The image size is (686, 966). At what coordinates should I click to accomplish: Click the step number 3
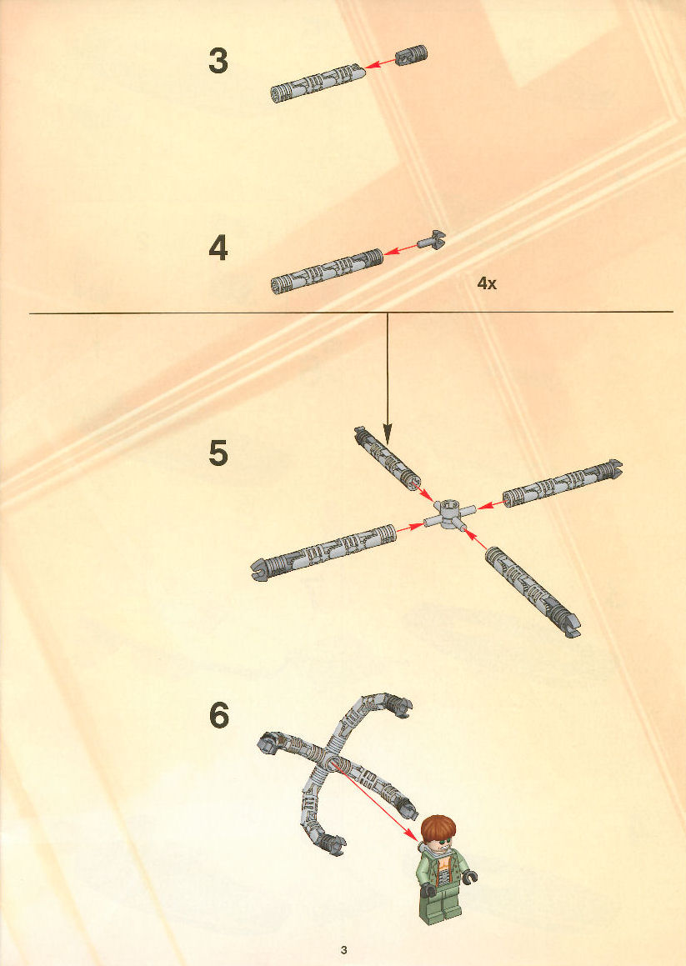(x=218, y=61)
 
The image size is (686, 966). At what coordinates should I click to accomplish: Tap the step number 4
(x=218, y=248)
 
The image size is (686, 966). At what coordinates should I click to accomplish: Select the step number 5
(x=218, y=453)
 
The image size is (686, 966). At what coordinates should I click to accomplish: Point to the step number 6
(x=219, y=715)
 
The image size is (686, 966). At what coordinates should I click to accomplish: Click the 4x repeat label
(x=486, y=283)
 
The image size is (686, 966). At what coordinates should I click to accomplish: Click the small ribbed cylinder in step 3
(x=410, y=56)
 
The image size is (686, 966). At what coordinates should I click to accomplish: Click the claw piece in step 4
(x=431, y=240)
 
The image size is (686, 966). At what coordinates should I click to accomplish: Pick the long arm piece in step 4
(x=327, y=271)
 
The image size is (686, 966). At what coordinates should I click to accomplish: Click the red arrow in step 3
(x=379, y=63)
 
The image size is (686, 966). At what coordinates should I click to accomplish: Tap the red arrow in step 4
(x=400, y=248)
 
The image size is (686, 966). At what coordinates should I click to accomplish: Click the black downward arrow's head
(x=387, y=435)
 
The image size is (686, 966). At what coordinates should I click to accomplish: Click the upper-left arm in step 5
(x=387, y=458)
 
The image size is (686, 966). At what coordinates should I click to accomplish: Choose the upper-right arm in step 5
(x=562, y=483)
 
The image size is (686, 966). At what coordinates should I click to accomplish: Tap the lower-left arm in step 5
(x=323, y=553)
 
